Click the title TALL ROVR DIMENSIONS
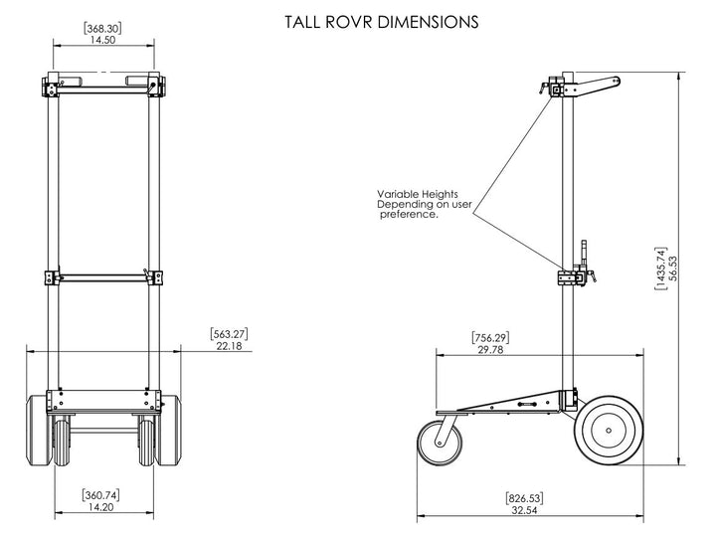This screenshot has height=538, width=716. tap(381, 20)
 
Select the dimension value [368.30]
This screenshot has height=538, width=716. tap(103, 28)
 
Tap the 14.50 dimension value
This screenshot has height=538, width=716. tap(103, 41)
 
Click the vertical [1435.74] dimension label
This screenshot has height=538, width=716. tap(660, 269)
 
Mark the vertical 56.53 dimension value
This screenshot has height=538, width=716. tap(673, 269)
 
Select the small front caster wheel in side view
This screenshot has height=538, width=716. tap(440, 442)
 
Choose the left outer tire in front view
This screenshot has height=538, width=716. tap(41, 429)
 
